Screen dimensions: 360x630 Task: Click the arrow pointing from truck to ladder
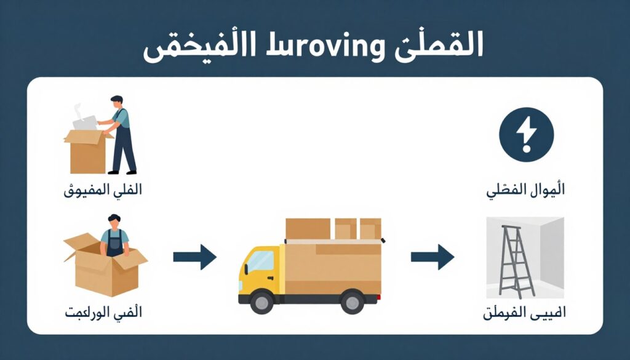[x=432, y=257]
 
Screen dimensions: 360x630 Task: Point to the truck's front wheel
[x=262, y=302]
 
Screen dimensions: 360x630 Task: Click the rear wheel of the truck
[x=352, y=302]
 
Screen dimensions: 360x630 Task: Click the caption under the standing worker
[x=103, y=190]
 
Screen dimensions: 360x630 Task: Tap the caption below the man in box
[x=103, y=313]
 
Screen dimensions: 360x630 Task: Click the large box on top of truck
[x=308, y=228]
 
